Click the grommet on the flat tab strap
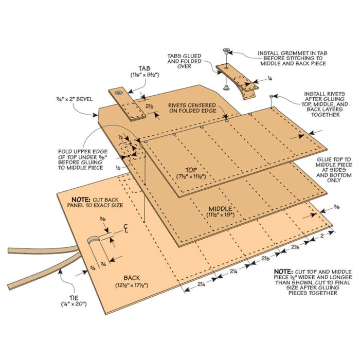coord(118,93)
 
